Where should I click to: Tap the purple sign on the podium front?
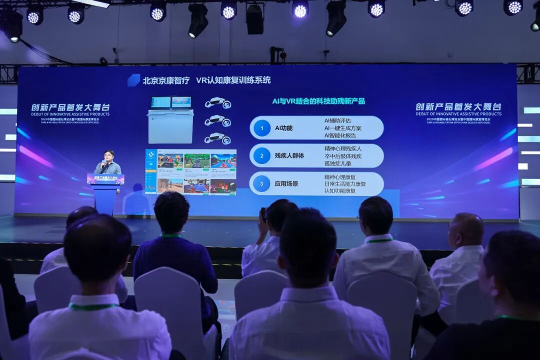click(105, 179)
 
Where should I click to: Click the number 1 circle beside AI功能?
click(261, 128)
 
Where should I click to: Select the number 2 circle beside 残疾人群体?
click(261, 156)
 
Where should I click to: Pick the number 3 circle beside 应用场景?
click(261, 183)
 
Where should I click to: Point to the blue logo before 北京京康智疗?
click(133, 80)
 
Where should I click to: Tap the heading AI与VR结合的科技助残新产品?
click(318, 101)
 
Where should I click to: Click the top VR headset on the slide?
click(217, 103)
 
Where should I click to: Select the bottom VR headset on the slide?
click(217, 138)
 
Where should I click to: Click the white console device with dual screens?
click(170, 119)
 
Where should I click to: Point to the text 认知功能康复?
click(340, 191)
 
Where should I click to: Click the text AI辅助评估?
click(337, 120)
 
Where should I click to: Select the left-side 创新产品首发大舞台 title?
click(70, 107)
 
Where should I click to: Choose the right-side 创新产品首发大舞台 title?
click(458, 106)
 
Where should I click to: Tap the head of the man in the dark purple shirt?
click(171, 212)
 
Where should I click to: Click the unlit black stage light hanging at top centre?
click(254, 18)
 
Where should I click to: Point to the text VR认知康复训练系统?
click(233, 80)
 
